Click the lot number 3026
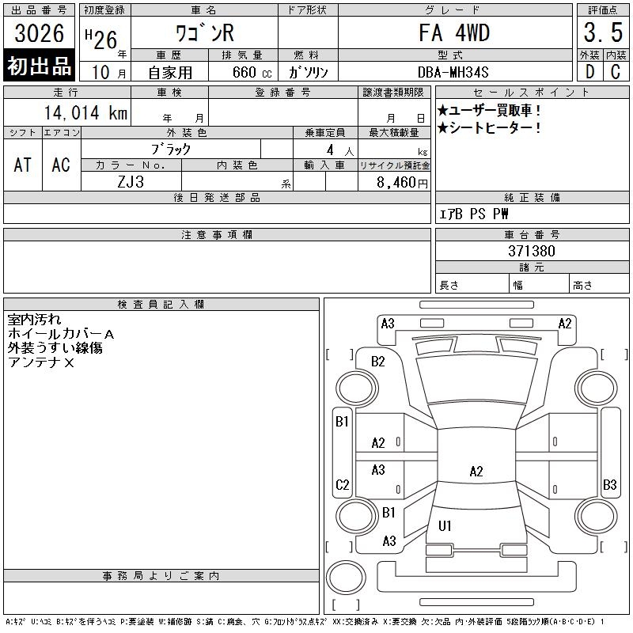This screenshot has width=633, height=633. (40, 33)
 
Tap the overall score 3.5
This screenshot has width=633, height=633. (601, 33)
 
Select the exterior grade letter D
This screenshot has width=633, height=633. (589, 71)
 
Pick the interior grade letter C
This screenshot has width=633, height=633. (615, 71)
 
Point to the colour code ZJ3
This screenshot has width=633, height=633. (131, 182)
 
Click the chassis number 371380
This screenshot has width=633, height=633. (531, 251)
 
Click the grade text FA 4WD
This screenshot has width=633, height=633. (454, 32)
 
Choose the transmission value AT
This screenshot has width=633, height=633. (23, 165)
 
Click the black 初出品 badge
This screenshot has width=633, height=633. (40, 66)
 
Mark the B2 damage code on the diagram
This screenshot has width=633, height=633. (378, 362)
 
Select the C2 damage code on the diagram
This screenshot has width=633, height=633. (342, 485)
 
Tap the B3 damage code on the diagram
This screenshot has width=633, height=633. (609, 484)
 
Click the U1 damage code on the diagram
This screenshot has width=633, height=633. (445, 525)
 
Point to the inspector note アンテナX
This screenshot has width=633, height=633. (41, 362)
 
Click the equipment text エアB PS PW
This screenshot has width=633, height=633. (474, 214)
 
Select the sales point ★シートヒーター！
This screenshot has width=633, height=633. (490, 127)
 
